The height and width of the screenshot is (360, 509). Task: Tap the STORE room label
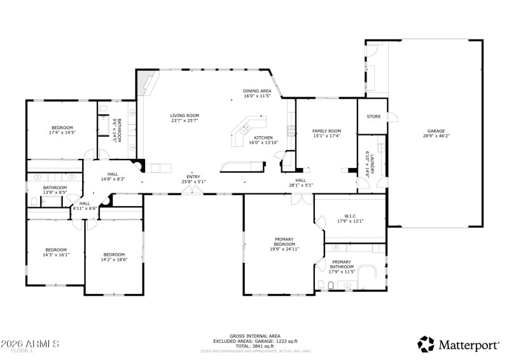(x=373, y=116)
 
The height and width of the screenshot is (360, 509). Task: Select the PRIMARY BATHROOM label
(x=342, y=265)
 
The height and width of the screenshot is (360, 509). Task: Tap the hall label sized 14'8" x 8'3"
(x=113, y=177)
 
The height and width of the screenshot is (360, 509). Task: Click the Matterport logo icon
(x=426, y=343)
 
